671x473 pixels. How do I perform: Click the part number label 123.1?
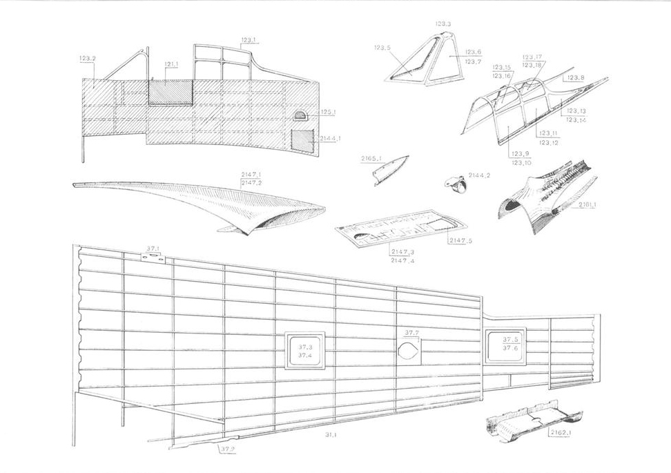click(249, 41)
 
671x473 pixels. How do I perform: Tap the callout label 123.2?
click(88, 59)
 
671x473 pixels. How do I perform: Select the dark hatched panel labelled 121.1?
click(170, 93)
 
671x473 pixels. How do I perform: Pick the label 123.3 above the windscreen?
click(443, 24)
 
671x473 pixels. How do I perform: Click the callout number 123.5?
click(382, 48)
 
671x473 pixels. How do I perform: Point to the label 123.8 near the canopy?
click(576, 78)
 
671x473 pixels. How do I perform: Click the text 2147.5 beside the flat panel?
click(460, 240)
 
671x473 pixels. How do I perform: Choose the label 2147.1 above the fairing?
click(251, 175)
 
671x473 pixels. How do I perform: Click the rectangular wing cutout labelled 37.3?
click(305, 351)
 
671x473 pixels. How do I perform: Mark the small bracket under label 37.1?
click(153, 258)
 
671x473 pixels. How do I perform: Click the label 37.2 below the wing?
click(228, 450)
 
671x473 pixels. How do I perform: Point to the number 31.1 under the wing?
click(330, 435)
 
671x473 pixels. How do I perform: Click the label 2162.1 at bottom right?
click(561, 433)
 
